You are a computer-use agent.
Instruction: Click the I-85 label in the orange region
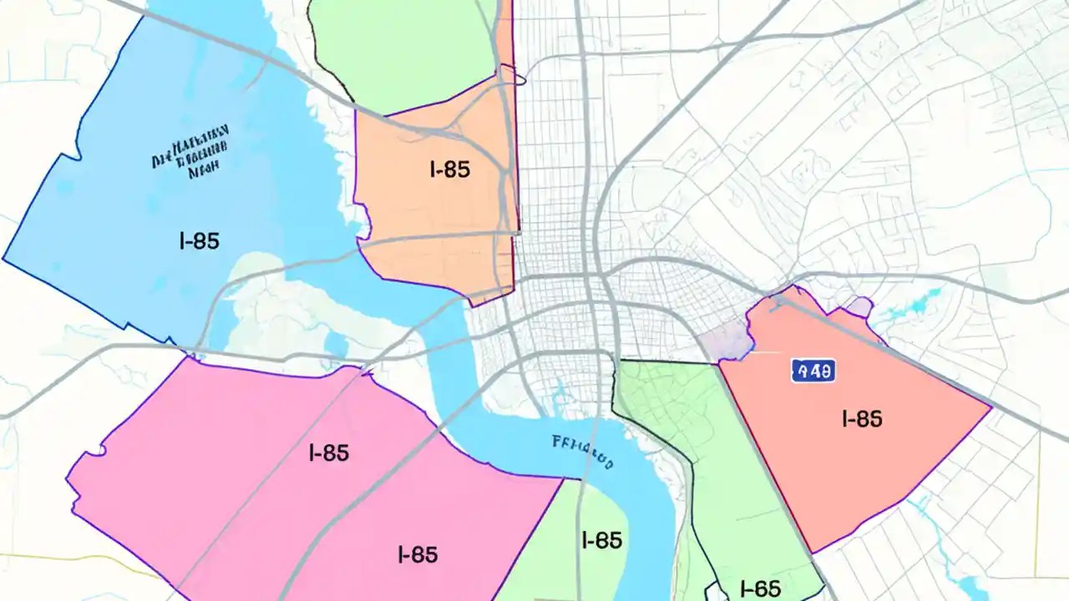pos(450,169)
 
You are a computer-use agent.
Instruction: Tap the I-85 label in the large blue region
pos(200,241)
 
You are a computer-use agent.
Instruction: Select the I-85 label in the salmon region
pos(862,418)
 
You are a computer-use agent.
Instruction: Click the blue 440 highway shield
pos(813,371)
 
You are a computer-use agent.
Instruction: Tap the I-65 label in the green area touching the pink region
pos(601,540)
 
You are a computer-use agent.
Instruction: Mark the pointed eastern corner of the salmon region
pos(990,408)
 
